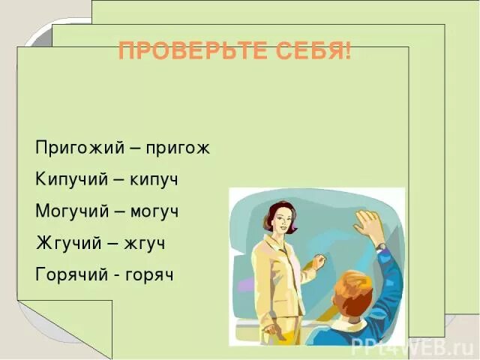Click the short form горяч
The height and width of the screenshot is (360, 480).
(151, 274)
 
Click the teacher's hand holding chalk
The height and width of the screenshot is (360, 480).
(319, 262)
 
